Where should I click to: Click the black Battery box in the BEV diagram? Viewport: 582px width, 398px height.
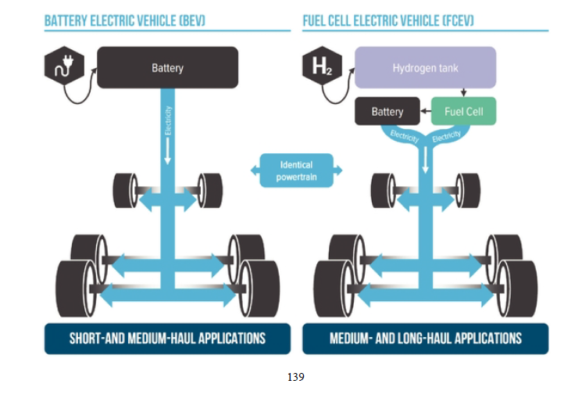pos(167,68)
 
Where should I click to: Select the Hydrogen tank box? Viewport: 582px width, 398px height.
pos(425,68)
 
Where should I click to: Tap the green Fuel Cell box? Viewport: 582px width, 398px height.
pos(463,112)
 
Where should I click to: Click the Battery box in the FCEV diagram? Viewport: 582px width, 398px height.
pos(387,112)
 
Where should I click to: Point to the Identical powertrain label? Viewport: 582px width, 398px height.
pos(295,170)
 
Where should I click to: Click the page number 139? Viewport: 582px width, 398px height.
pos(295,378)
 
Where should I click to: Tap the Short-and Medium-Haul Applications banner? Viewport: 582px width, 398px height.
pos(167,339)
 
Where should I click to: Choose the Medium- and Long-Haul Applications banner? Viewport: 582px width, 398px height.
pos(425,339)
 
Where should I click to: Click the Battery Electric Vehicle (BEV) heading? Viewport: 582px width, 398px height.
pos(125,21)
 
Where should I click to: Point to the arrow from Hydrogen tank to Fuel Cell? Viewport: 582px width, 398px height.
pos(463,92)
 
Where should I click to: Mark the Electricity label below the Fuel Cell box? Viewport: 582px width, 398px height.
pos(446,136)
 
